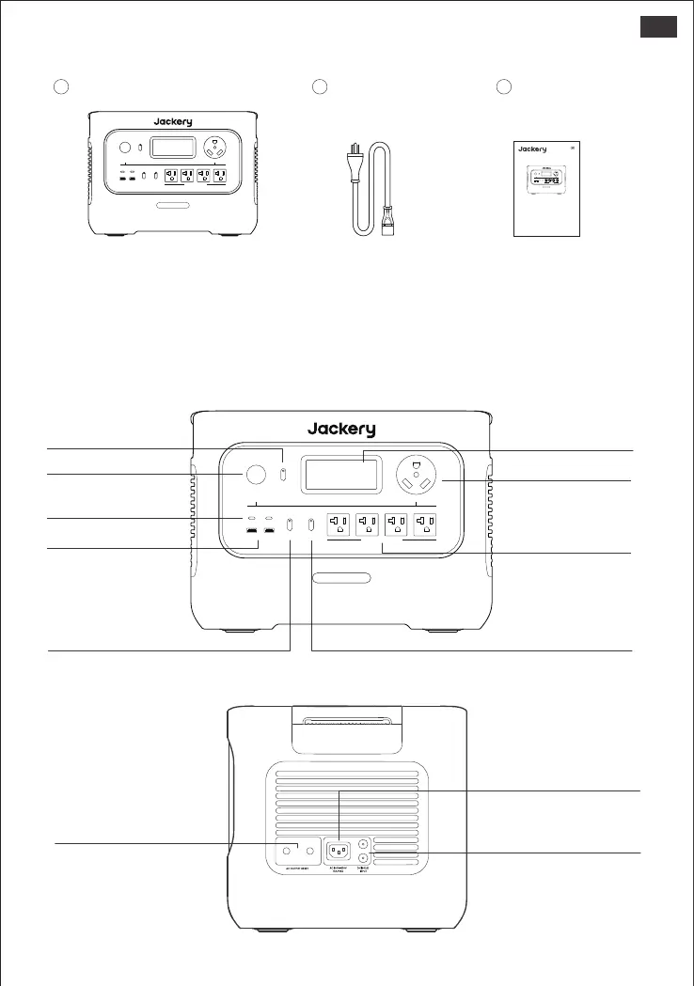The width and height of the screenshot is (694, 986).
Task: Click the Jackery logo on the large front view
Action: point(341,430)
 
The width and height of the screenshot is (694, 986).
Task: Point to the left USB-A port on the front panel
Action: point(253,535)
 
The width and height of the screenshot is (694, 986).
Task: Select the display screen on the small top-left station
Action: point(173,148)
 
